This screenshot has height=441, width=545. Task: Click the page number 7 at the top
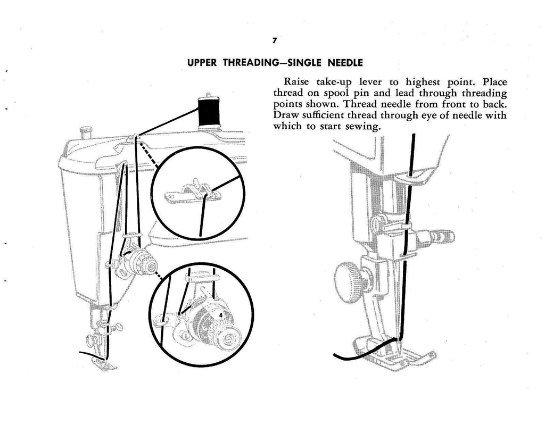point(273,41)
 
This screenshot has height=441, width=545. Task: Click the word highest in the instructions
point(427,82)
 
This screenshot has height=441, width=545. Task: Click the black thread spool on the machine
point(209,111)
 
